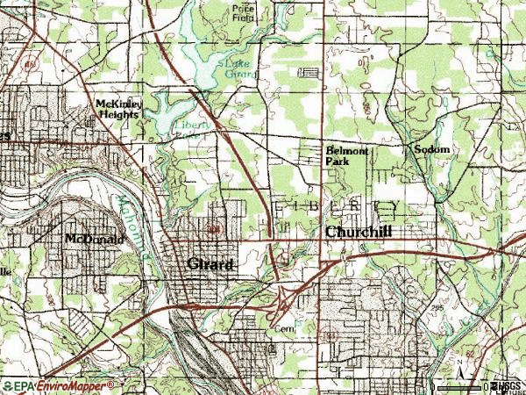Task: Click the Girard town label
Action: point(211,263)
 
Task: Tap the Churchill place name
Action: point(359,232)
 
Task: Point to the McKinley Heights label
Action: point(117,110)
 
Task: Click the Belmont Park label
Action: point(346,155)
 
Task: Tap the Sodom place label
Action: point(432,150)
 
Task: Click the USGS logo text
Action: point(507,386)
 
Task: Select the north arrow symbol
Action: point(459,366)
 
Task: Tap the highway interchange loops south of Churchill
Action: point(284,302)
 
